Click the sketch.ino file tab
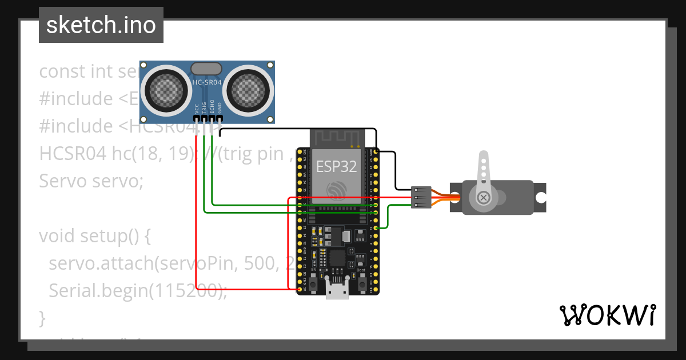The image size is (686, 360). [101, 25]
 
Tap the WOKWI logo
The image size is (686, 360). [607, 315]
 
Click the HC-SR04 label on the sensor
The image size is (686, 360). [206, 83]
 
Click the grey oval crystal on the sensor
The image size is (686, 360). [206, 69]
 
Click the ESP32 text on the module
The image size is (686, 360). [337, 167]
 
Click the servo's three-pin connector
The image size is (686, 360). [420, 197]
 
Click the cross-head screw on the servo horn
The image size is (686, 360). [484, 198]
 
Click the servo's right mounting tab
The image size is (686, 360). [540, 198]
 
